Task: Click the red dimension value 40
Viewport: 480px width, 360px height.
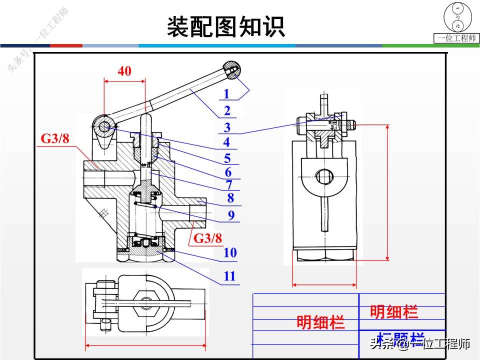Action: pos(124,71)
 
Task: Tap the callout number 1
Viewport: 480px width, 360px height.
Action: pos(226,93)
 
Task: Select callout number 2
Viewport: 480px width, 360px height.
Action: pos(227,110)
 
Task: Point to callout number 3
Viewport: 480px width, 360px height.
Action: pos(227,127)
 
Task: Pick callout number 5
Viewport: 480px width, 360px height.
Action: pos(227,158)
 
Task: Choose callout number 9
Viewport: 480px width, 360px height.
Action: pos(231,215)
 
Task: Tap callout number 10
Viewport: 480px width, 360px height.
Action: pos(230,252)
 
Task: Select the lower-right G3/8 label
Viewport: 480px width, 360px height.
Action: pos(207,238)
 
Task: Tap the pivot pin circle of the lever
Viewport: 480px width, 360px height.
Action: pos(103,127)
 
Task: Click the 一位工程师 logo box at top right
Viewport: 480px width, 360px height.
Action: pos(457,22)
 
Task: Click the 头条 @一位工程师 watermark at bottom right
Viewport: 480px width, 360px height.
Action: pos(419,344)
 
